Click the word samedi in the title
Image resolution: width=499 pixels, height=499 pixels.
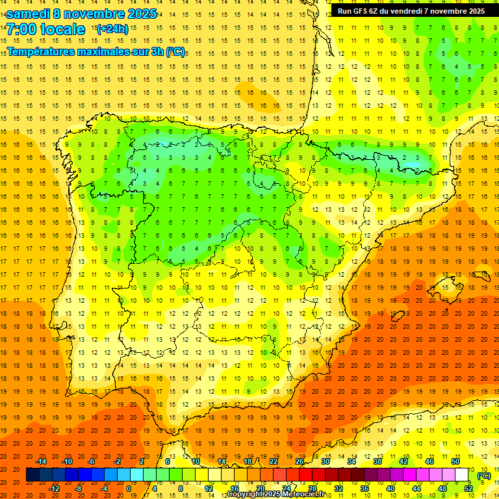coord(31,14)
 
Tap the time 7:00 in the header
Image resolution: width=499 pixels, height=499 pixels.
coord(22,29)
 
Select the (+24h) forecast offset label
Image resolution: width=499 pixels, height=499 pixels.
coord(112,29)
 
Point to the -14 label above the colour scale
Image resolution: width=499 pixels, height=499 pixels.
coord(42,461)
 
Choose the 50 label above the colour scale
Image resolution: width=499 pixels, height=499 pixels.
coord(455,461)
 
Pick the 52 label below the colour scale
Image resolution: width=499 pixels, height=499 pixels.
coord(468,489)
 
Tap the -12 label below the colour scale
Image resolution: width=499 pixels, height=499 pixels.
coord(55,489)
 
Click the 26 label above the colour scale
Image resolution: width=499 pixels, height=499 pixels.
coord(300,461)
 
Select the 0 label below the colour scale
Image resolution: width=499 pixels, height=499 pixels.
coord(129,489)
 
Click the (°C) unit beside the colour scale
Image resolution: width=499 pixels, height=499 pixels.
coord(484,476)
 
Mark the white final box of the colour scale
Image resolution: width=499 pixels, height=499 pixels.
coord(462,475)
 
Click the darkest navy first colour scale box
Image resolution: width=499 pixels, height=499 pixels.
coord(32,475)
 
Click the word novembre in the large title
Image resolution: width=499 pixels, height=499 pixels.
coord(96,14)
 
